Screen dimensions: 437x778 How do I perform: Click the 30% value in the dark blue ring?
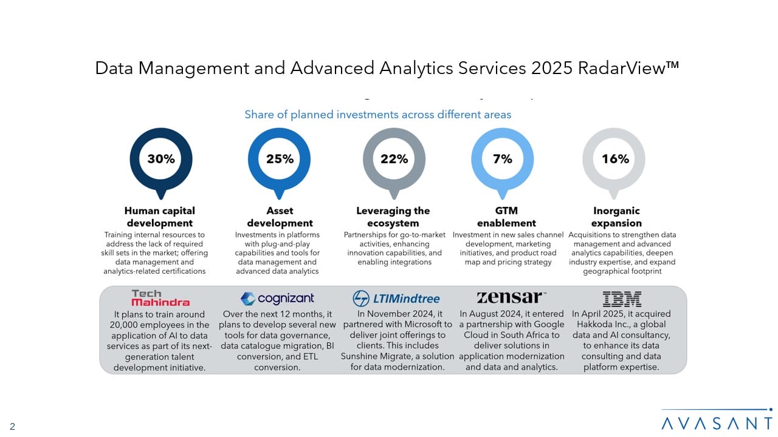161,159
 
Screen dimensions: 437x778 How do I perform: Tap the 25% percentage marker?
280,159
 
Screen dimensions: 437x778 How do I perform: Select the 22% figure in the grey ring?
394,159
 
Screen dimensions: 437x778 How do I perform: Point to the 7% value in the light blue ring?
503,159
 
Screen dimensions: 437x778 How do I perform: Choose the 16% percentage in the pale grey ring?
615,159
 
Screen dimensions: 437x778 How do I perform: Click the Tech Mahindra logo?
160,297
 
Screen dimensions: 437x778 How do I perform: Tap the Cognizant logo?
278,298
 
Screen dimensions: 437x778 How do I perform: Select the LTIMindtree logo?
396,299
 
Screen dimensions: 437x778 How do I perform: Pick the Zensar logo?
511,297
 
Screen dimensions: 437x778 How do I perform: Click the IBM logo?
622,298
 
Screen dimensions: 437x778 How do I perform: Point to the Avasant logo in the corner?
717,421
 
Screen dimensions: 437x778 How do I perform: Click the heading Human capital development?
160,217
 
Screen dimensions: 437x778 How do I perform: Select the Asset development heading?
280,217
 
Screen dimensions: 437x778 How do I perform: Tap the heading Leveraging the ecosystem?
393,217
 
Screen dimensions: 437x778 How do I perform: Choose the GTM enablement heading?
506,217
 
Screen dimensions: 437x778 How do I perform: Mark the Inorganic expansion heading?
616,217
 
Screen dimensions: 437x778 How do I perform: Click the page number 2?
12,427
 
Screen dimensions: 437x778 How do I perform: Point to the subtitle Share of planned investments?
377,114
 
